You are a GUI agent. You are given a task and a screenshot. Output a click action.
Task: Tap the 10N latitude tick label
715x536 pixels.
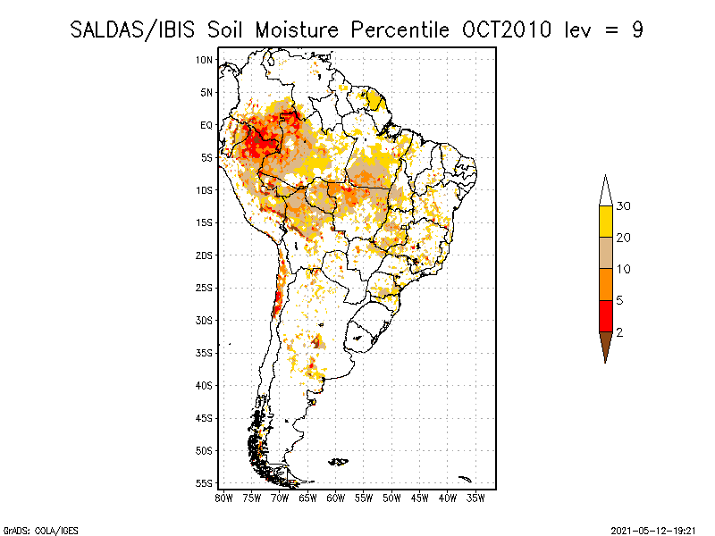point(205,60)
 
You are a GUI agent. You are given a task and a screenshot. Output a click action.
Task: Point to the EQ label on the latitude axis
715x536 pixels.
point(206,125)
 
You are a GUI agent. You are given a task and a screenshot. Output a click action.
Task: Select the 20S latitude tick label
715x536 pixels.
point(205,255)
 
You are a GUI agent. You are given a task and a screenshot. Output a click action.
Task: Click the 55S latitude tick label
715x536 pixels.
point(205,483)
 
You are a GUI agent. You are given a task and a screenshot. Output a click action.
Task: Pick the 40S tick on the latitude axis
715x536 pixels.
point(205,386)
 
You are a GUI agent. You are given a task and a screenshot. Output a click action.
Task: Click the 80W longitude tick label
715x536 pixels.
point(223,497)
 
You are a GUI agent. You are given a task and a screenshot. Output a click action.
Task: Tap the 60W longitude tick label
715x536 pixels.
point(335,497)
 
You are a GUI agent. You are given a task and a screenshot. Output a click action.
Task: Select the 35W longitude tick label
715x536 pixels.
point(475,497)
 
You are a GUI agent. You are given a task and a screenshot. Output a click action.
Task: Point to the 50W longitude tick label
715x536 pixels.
point(391,497)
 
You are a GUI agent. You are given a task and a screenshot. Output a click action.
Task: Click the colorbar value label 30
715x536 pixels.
point(624,206)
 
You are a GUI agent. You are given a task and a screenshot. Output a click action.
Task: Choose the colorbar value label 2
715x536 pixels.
point(619,332)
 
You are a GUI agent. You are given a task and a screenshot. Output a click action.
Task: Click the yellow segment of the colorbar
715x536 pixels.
point(605,222)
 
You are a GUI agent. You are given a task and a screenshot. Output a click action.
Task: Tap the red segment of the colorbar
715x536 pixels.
point(605,316)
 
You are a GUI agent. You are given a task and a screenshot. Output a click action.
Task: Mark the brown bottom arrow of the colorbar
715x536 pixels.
point(605,345)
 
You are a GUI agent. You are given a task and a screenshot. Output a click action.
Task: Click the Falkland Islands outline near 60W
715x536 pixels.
point(339,462)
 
